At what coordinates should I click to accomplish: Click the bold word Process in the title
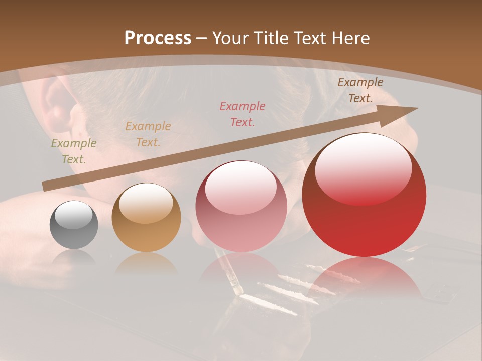pos(158,38)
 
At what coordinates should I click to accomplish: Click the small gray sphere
pos(74,225)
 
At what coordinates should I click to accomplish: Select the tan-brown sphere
pos(146,218)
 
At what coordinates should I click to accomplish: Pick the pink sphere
pos(241,207)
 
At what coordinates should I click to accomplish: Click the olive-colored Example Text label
pos(74,151)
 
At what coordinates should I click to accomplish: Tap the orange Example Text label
pos(148,134)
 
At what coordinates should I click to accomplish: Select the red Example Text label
pos(243,114)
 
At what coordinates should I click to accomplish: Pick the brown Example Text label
pos(360,90)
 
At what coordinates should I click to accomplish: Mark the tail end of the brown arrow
pos(44,187)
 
